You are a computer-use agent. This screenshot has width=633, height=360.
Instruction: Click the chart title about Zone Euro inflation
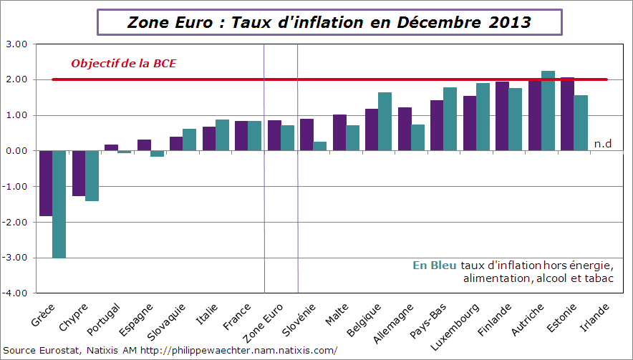[x=329, y=22]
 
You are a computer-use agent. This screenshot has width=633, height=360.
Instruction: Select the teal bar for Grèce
[x=59, y=204]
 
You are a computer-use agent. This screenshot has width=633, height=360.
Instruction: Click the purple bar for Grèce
[x=46, y=183]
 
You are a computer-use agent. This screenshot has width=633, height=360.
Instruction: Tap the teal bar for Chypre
[x=92, y=175]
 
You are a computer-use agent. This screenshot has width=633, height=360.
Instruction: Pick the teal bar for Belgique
[x=385, y=122]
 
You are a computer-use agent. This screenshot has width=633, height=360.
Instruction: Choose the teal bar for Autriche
[x=548, y=111]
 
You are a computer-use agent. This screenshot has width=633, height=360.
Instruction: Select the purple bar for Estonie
[x=567, y=114]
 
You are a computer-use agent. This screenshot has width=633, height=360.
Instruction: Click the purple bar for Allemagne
[x=405, y=129]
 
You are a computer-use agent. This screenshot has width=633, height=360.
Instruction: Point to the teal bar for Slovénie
[x=319, y=146]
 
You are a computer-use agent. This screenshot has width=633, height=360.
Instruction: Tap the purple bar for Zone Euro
[x=274, y=135]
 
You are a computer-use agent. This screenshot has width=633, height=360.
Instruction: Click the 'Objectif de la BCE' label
[x=123, y=64]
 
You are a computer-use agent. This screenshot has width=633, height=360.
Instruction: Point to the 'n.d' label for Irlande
[x=603, y=143]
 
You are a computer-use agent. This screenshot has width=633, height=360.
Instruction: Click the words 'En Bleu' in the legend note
[x=434, y=266]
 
